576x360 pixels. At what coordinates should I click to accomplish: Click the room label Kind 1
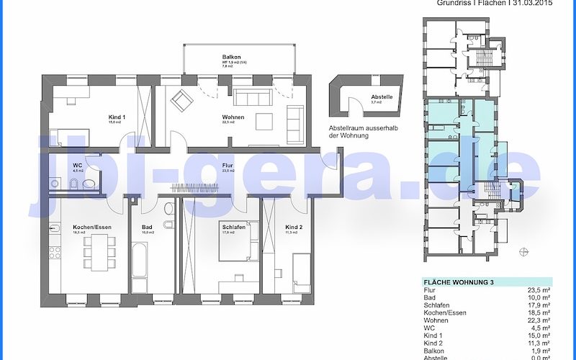point(117,117)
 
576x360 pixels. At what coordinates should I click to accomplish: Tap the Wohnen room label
point(233,117)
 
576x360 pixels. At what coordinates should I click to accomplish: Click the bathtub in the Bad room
point(139,268)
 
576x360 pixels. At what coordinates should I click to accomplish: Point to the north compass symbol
point(523,251)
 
